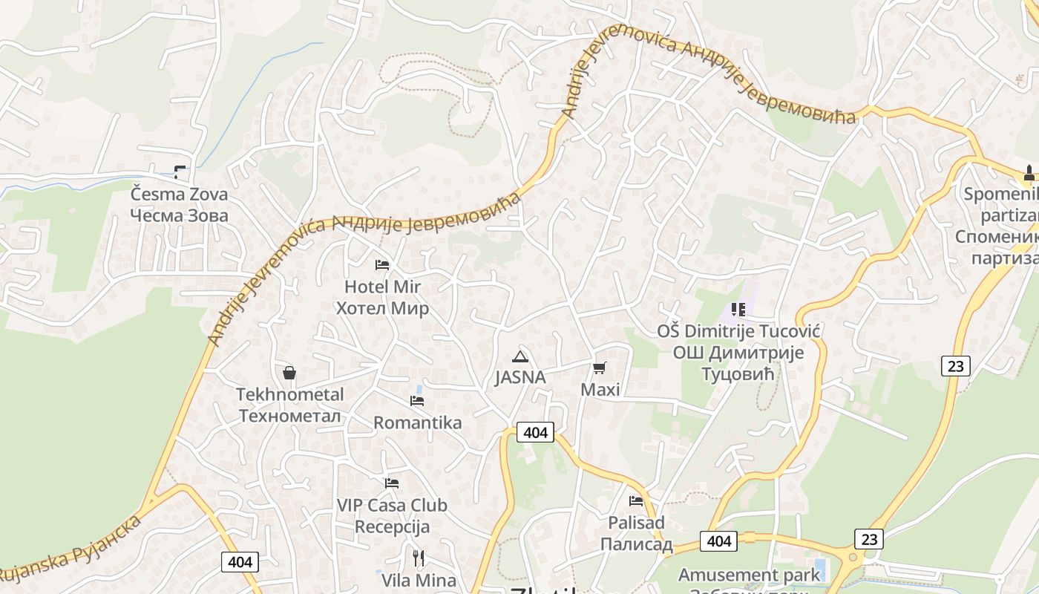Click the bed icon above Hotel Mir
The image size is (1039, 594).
(382, 264)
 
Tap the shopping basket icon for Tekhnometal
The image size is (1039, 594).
(289, 373)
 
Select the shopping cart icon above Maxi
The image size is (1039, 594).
(600, 368)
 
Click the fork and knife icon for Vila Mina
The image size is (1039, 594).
(419, 558)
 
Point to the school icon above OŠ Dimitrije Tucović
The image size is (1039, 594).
(738, 309)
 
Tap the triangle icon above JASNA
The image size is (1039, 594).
(520, 356)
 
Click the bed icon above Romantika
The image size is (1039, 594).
(417, 401)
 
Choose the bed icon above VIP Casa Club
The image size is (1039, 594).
(392, 483)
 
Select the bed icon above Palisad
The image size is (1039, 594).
(636, 501)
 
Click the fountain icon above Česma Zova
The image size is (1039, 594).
(180, 172)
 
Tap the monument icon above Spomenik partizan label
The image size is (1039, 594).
(1029, 173)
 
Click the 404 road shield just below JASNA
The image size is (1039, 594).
(535, 432)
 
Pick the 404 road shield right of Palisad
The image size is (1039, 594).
(718, 541)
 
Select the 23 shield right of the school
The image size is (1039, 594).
(956, 365)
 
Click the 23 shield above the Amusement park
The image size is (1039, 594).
(868, 538)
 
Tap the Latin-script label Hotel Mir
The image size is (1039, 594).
(382, 287)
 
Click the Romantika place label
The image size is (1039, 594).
(417, 423)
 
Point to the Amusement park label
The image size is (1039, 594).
(750, 575)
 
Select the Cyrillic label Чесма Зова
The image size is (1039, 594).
(179, 215)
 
